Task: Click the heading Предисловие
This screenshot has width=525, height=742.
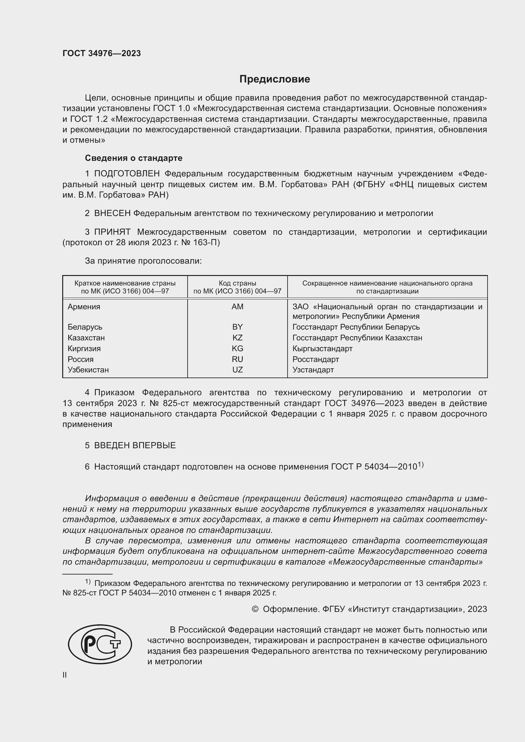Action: click(x=275, y=79)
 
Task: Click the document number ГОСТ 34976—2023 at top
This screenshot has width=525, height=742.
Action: click(x=102, y=53)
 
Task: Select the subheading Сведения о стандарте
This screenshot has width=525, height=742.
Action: click(x=134, y=158)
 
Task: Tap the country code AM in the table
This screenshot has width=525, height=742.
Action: click(x=237, y=307)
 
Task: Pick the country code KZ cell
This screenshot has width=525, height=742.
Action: click(x=237, y=338)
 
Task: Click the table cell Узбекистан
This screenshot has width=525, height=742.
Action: click(x=88, y=370)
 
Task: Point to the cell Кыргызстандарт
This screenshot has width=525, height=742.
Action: click(x=322, y=348)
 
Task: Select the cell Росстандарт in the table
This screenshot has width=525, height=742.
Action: click(x=316, y=359)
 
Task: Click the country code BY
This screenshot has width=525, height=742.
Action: click(x=237, y=327)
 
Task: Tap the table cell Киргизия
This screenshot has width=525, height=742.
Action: click(x=84, y=348)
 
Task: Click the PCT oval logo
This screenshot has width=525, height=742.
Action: click(x=100, y=644)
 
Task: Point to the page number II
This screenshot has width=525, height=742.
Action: click(x=65, y=675)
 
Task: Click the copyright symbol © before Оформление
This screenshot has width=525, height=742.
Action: click(x=255, y=609)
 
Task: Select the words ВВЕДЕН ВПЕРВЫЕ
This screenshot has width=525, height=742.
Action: click(x=135, y=445)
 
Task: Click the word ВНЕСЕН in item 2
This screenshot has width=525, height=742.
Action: click(x=112, y=213)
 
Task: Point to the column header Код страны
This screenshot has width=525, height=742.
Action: click(x=237, y=283)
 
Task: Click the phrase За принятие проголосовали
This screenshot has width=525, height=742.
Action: click(x=143, y=261)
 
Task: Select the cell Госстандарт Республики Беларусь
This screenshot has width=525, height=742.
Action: click(x=356, y=327)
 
